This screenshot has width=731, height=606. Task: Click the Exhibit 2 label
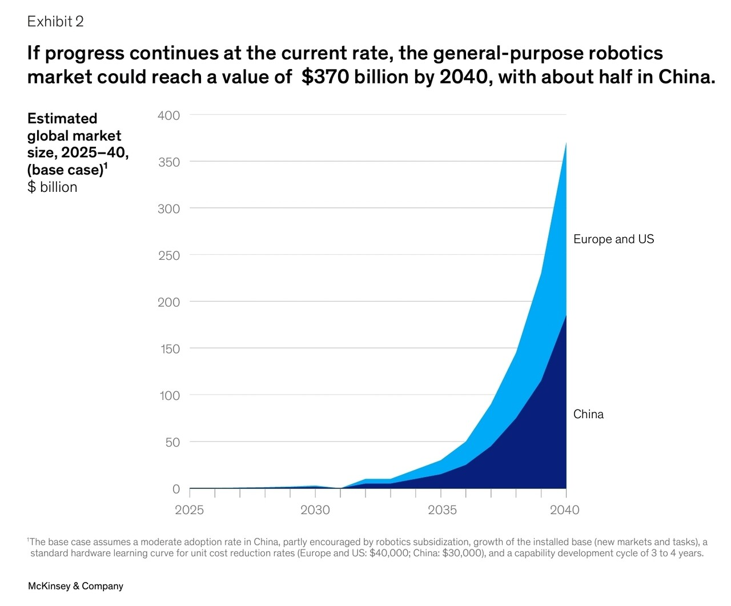tap(55, 21)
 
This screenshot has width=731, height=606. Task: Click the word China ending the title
tap(686, 77)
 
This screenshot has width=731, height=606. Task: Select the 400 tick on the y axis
tap(168, 115)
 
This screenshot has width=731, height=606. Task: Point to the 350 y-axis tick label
tap(168, 162)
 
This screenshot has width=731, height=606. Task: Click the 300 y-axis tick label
tap(168, 209)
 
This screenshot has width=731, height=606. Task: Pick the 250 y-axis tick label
tap(168, 255)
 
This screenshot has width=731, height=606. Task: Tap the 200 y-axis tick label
tap(168, 302)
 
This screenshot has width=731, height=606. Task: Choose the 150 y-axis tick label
tap(169, 349)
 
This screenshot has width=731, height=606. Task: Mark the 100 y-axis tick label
tap(169, 395)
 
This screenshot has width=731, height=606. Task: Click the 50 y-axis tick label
tap(172, 442)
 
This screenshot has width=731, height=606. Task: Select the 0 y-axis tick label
tap(176, 489)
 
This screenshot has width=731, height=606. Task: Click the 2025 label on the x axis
tap(189, 510)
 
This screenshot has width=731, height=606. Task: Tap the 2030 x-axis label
tap(315, 510)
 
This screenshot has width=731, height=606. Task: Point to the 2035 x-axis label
tap(442, 510)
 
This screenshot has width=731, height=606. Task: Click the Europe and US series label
tap(613, 239)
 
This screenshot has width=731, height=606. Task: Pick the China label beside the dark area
tap(588, 414)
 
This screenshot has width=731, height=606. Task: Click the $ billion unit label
tap(52, 187)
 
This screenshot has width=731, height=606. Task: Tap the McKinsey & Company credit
tap(75, 586)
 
